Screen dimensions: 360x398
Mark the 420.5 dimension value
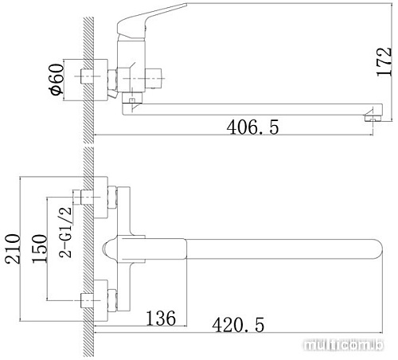point(238,325)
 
